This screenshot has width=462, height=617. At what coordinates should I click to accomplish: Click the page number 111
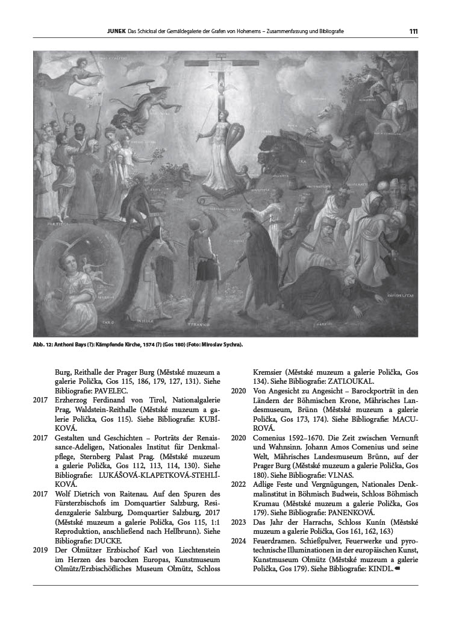point(413,31)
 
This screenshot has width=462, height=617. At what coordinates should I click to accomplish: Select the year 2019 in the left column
point(40,550)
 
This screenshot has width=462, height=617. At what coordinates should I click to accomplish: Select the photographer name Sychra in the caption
point(231,345)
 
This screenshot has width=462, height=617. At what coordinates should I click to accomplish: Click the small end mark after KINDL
point(397,569)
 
